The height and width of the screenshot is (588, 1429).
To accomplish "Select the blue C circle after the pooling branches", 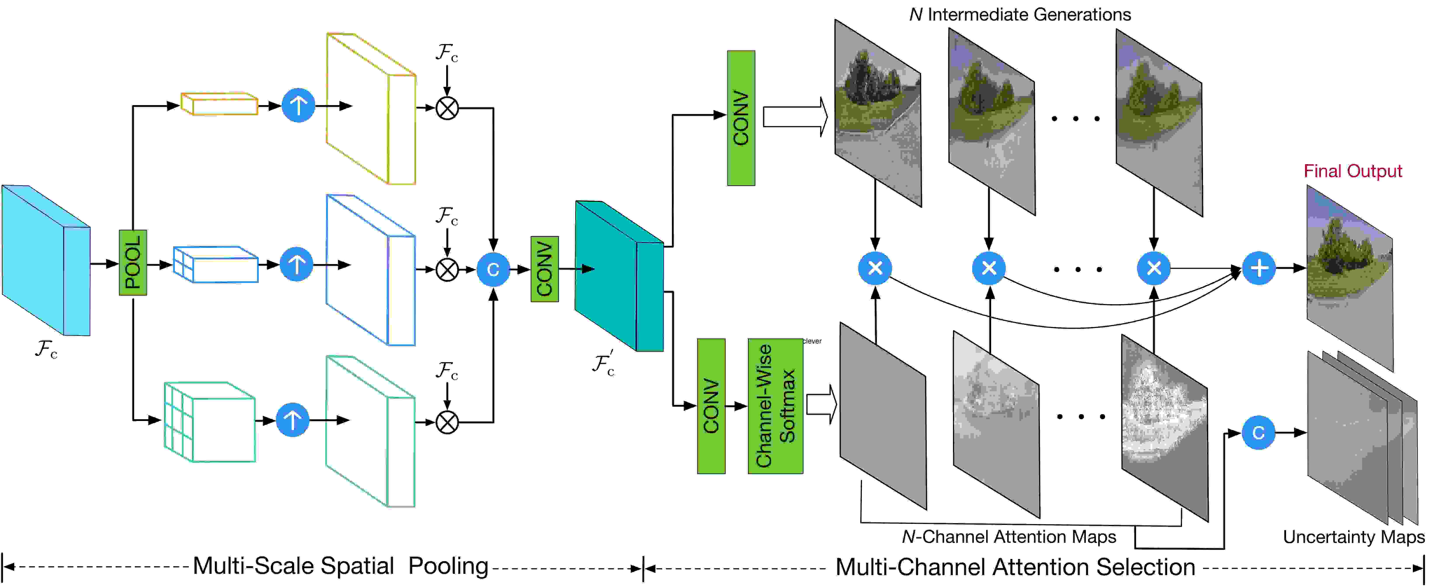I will tap(493, 269).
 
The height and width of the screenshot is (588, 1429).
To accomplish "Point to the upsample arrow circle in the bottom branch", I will tap(292, 420).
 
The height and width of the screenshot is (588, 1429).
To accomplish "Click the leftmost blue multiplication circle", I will tap(875, 268).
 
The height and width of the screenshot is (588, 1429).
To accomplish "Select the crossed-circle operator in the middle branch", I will tap(447, 270).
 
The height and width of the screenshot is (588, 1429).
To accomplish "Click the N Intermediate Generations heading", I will tap(1020, 14).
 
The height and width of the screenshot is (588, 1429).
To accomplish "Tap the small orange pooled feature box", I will tap(220, 104).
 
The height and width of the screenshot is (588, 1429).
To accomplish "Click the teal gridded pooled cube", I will tap(210, 422).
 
